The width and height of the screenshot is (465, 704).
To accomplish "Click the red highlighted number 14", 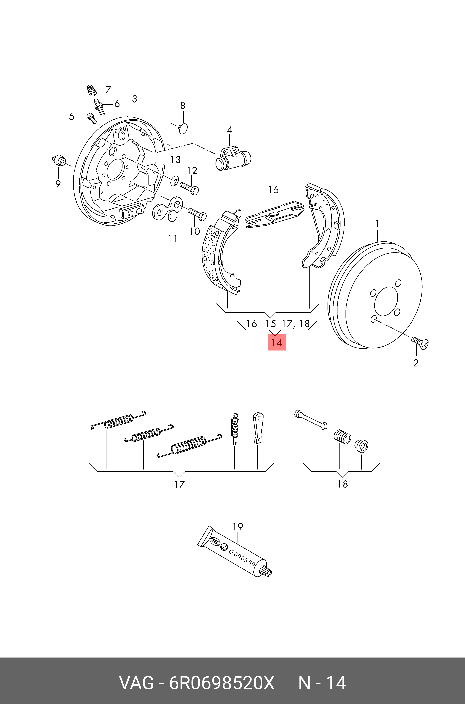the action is coord(277,342).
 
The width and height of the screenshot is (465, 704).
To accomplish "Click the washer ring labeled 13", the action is coord(175,180).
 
